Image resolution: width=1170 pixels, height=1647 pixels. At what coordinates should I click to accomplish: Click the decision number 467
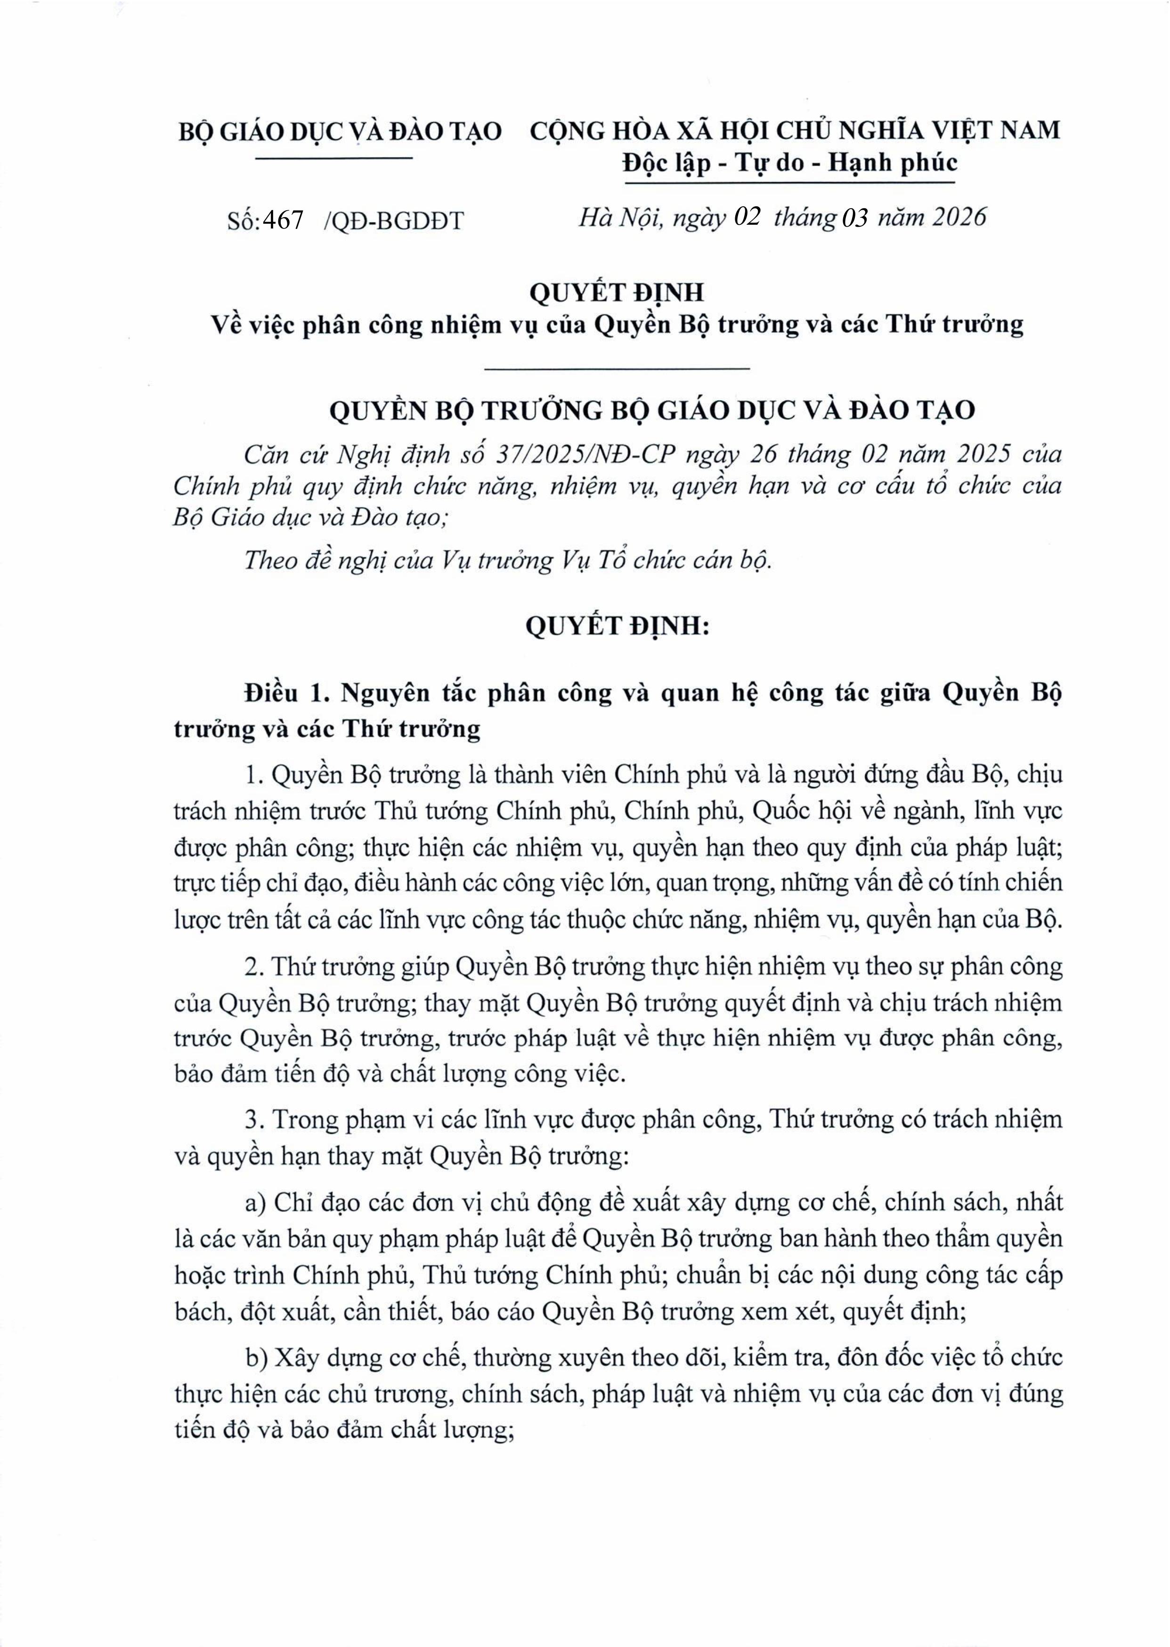click(x=283, y=220)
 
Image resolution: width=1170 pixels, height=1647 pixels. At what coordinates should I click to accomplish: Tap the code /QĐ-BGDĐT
click(x=394, y=220)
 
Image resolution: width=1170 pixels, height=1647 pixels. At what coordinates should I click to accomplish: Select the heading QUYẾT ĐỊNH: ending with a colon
click(x=617, y=626)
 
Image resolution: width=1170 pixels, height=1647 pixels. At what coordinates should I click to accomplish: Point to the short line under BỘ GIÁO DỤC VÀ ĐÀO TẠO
click(x=334, y=157)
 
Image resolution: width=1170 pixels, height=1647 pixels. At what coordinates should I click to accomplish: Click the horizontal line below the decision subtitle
click(x=617, y=369)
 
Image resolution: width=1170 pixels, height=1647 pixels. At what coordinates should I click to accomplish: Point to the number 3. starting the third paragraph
click(x=252, y=1120)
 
